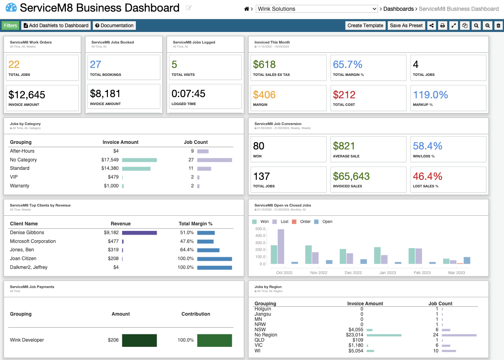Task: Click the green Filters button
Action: [x=10, y=26]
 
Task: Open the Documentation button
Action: [x=114, y=26]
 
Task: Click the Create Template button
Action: [x=365, y=26]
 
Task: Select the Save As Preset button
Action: [x=406, y=26]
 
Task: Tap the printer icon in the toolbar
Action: [x=442, y=26]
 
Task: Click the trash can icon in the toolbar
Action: [x=498, y=26]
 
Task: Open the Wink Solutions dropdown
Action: [x=317, y=9]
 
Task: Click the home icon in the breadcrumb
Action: [x=247, y=9]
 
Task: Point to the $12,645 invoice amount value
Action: [x=27, y=95]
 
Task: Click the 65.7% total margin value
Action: [x=347, y=64]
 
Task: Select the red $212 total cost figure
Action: [x=344, y=95]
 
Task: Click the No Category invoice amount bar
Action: [x=139, y=160]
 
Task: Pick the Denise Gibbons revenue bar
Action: [x=139, y=233]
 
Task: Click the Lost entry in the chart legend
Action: [x=284, y=221]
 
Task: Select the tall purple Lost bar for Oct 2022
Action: [x=281, y=247]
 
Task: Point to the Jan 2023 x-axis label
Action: [x=388, y=272]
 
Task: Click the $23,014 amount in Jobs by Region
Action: [x=354, y=335]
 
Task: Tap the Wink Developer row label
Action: [x=27, y=340]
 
